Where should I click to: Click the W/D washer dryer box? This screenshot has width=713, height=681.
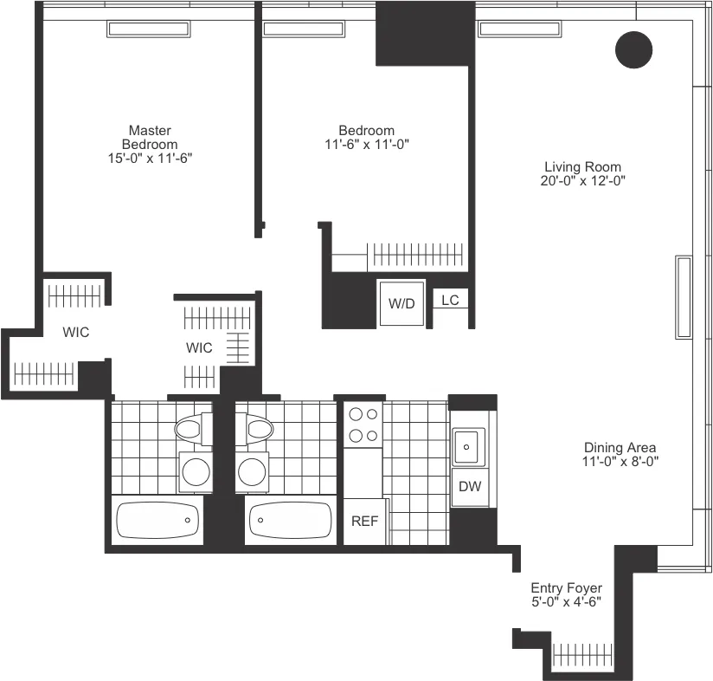pos(401,304)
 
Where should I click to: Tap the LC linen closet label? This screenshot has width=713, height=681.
pos(450,300)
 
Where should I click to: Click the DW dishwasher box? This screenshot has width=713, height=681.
pos(470,487)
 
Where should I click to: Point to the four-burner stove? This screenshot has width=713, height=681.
pos(363,425)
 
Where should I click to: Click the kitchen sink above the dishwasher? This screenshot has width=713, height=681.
pos(469,446)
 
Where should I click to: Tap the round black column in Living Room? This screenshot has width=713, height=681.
pos(633,49)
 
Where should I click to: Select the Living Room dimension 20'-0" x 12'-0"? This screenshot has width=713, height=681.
pos(582,181)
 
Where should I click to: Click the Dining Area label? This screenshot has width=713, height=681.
pos(620,447)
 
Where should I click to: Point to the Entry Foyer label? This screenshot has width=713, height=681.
pos(567,587)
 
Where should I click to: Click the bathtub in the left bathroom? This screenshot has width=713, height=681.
pos(157,521)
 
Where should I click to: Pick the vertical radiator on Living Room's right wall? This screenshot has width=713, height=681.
pos(684,297)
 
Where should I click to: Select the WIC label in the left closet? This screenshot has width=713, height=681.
pos(75,332)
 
